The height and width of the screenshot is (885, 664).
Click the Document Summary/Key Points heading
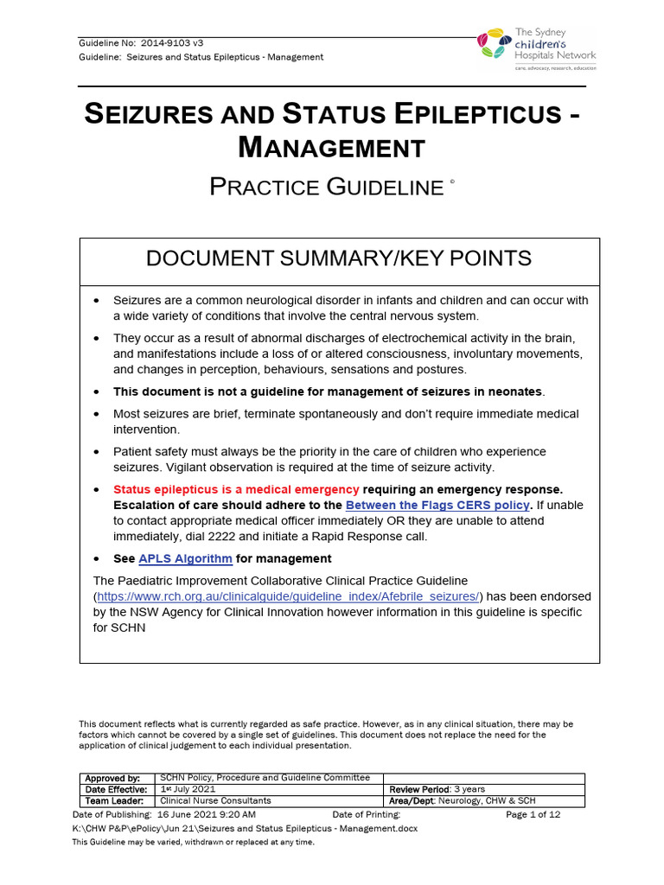click(x=339, y=258)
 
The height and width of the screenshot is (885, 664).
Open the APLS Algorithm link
click(x=185, y=558)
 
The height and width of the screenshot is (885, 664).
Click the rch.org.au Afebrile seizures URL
click(x=288, y=596)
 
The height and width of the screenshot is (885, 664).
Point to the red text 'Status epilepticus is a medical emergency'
click(x=236, y=488)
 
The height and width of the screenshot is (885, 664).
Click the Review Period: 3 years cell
click(x=437, y=789)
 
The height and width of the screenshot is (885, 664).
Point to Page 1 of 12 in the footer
click(x=533, y=814)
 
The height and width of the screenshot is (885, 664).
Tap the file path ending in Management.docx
click(x=245, y=828)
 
